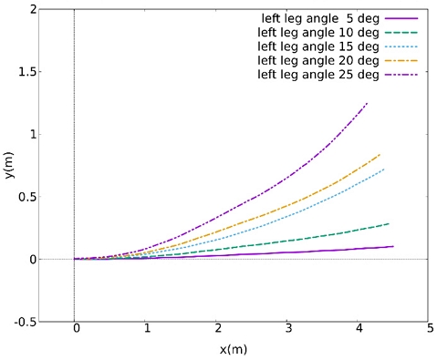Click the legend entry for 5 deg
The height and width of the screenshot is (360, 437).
point(318,17)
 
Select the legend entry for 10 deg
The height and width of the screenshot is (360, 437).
point(318,32)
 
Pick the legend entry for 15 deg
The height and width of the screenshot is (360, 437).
point(318,46)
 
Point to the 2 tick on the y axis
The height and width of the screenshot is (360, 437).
point(35,9)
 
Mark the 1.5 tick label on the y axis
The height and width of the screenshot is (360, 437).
point(29,72)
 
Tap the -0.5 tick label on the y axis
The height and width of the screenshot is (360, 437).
point(27,322)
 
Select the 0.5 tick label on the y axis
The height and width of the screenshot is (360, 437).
point(29,197)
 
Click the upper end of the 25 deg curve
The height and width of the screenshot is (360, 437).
point(367,103)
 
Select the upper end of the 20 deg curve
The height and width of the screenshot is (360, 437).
point(380,154)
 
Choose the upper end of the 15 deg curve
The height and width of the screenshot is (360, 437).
point(384,169)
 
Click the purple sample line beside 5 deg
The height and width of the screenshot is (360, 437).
point(402,18)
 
